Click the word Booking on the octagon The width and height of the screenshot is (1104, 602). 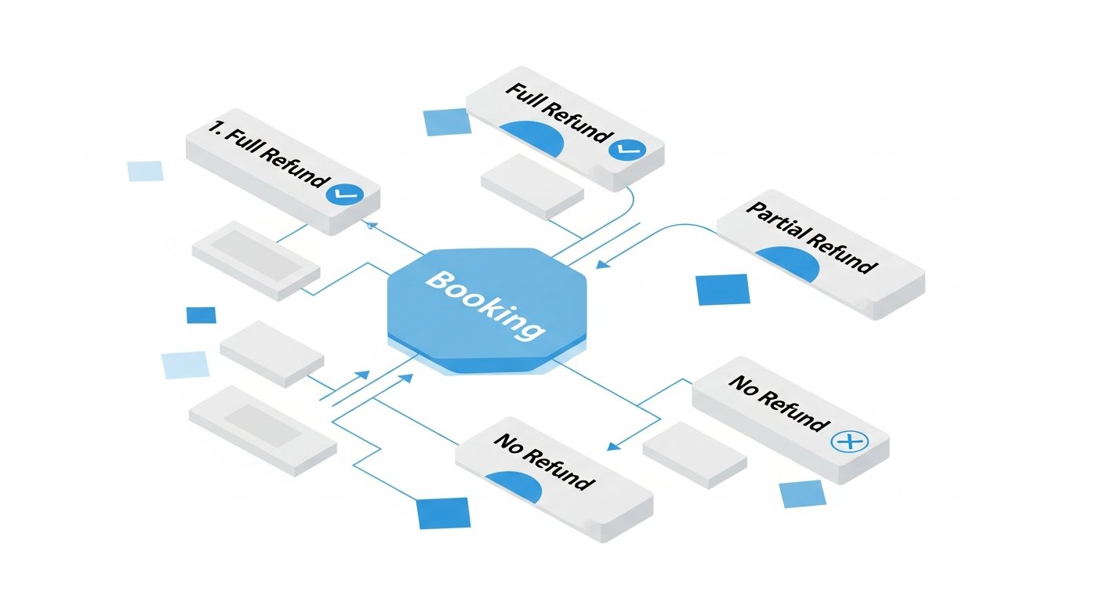[x=485, y=305]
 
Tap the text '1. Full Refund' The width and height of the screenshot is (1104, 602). [x=268, y=154]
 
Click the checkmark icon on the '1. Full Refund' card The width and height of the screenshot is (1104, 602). [x=344, y=194]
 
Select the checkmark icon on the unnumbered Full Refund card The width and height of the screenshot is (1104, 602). [x=627, y=148]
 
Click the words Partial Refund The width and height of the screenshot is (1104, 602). [x=812, y=238]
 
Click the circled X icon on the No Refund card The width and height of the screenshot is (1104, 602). [x=850, y=441]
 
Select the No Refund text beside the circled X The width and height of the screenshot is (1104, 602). [x=779, y=403]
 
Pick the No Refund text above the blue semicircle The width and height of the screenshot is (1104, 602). [x=544, y=462]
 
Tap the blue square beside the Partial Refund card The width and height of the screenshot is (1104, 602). [x=722, y=289]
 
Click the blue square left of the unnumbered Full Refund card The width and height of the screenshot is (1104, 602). [x=447, y=121]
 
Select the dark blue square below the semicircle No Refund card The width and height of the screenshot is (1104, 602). [x=444, y=513]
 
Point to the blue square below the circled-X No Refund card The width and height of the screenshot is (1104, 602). [x=802, y=494]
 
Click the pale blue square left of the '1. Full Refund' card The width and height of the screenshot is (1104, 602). [x=145, y=171]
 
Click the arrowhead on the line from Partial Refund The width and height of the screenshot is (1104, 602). [x=602, y=264]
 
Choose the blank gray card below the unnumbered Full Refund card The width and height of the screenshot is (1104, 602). [x=532, y=187]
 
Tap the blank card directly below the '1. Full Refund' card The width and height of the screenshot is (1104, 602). [x=256, y=260]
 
